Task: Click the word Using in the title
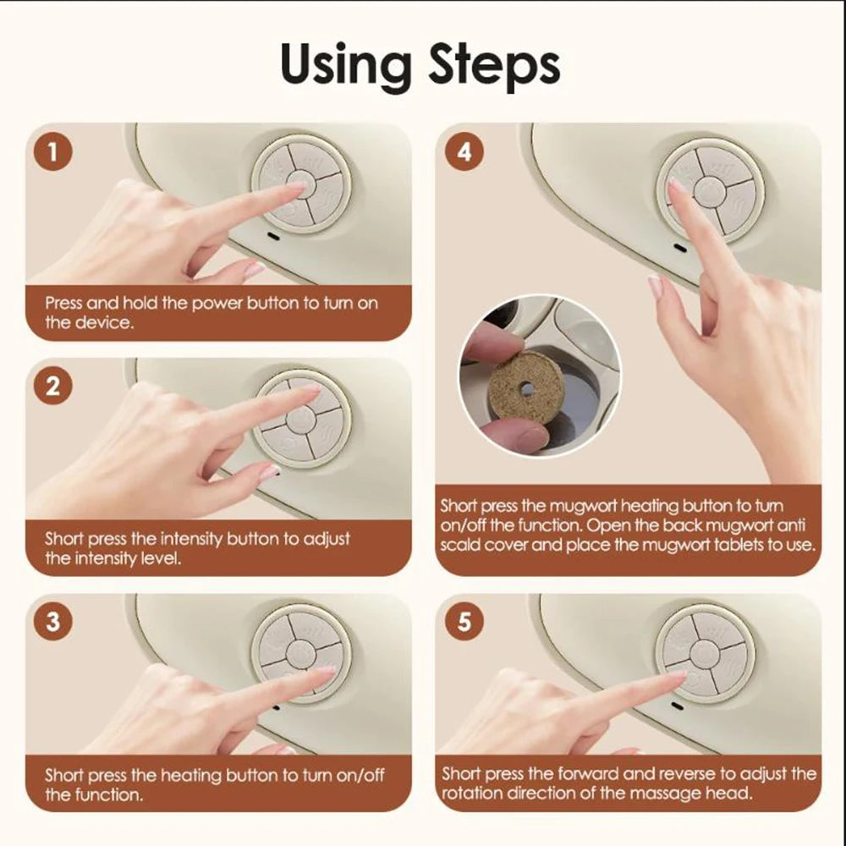point(349,65)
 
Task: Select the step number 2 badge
point(53,387)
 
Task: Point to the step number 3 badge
point(53,622)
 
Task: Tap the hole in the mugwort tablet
point(526,388)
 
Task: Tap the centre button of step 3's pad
point(301,651)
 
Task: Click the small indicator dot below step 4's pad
point(677,249)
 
